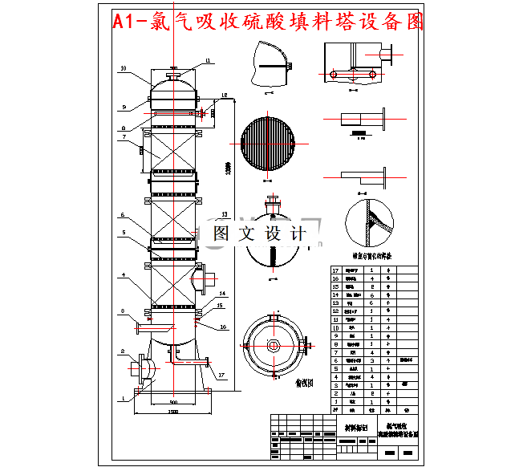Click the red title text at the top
click(269, 22)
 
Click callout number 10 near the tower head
click(123, 69)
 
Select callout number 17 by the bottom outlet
click(221, 375)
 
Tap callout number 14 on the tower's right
click(222, 294)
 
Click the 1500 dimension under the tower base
click(172, 412)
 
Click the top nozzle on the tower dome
click(173, 76)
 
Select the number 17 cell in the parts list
click(337, 270)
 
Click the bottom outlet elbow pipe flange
click(208, 365)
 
